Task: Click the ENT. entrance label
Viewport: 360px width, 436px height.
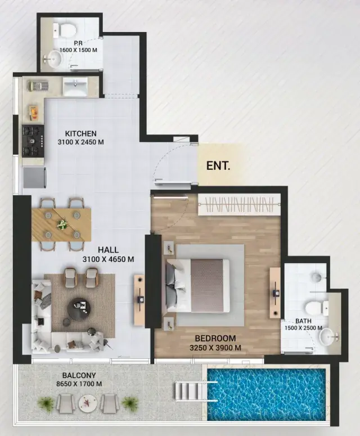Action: click(218, 166)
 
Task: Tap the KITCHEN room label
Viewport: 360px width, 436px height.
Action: click(81, 133)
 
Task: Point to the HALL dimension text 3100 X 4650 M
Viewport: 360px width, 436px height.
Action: click(108, 259)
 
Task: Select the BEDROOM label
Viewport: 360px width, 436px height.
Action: click(215, 339)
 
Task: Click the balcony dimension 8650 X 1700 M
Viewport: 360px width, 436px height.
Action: click(79, 384)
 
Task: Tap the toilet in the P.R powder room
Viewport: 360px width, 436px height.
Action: click(65, 30)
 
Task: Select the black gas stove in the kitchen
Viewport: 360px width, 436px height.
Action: click(33, 141)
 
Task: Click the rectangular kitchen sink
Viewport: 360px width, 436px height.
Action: click(75, 86)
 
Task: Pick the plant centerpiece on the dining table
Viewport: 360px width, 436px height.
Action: click(62, 224)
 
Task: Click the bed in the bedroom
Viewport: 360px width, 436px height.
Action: click(198, 286)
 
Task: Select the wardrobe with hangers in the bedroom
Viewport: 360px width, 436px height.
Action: click(239, 204)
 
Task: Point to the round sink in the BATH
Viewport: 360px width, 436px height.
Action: click(328, 337)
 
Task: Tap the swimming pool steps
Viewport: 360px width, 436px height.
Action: click(188, 391)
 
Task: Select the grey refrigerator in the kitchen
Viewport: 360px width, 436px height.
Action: click(34, 177)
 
